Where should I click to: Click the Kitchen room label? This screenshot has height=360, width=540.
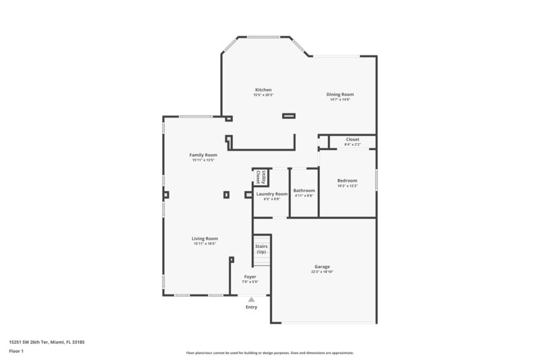pyautogui.click(x=263, y=90)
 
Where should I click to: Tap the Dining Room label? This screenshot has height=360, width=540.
pyautogui.click(x=340, y=95)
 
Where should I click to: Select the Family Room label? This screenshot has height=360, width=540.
pyautogui.click(x=203, y=155)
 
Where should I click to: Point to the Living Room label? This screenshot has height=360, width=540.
pyautogui.click(x=205, y=238)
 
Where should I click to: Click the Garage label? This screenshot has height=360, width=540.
pyautogui.click(x=322, y=266)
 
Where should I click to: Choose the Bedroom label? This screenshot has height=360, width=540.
pyautogui.click(x=347, y=180)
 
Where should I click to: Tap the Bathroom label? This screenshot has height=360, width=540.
pyautogui.click(x=304, y=190)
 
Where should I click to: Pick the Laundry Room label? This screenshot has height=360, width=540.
pyautogui.click(x=272, y=194)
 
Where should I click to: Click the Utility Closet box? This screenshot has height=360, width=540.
pyautogui.click(x=257, y=177)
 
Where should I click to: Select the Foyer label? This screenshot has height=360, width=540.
pyautogui.click(x=250, y=277)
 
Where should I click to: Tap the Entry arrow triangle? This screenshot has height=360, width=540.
pyautogui.click(x=251, y=299)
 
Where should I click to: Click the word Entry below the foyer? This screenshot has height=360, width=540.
pyautogui.click(x=251, y=307)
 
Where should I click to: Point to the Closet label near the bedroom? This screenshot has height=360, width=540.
pyautogui.click(x=352, y=139)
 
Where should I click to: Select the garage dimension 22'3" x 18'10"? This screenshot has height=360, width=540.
pyautogui.click(x=322, y=272)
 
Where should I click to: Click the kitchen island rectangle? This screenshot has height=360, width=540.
pyautogui.click(x=289, y=115)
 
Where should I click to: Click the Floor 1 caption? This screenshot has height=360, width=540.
pyautogui.click(x=16, y=351)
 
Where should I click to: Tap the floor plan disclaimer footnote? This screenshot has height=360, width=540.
pyautogui.click(x=269, y=353)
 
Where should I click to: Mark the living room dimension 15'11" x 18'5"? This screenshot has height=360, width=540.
pyautogui.click(x=205, y=244)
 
